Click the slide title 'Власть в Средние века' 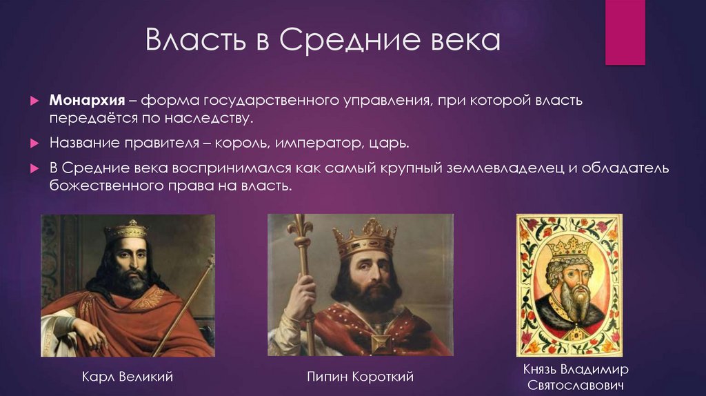pyautogui.click(x=322, y=42)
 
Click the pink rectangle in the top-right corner pyautogui.click(x=625, y=32)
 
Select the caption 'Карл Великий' pyautogui.click(x=128, y=377)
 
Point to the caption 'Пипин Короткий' pyautogui.click(x=360, y=377)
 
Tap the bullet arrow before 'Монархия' pyautogui.click(x=34, y=101)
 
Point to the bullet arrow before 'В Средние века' pyautogui.click(x=34, y=169)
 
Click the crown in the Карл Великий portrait pyautogui.click(x=126, y=230)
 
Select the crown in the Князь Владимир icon pyautogui.click(x=569, y=246)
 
